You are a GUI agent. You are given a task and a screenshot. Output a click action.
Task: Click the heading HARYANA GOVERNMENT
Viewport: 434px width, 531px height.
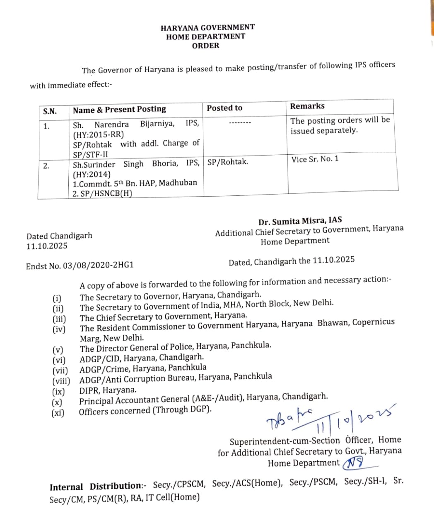coord(207,27)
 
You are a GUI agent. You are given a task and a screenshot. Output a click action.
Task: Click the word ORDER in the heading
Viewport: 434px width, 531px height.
coord(205,46)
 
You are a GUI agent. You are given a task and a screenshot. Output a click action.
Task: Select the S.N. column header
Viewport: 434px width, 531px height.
coord(50,111)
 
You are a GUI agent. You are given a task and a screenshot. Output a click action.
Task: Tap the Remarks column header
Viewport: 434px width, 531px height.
coord(307,106)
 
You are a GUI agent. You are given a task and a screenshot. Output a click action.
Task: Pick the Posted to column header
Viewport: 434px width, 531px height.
coord(224,108)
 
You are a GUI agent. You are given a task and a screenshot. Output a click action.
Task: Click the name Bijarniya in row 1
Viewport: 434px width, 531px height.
coord(157,124)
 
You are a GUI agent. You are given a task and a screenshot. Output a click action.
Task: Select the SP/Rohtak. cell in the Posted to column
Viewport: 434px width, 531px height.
coord(227,162)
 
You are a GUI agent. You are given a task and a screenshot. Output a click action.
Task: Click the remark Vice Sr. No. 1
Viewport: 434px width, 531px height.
coord(315,159)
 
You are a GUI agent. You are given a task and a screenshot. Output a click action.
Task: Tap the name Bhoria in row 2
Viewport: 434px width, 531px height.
coord(165,163)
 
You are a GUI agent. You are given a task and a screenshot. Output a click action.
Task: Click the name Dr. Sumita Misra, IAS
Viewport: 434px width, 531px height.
coord(300,221)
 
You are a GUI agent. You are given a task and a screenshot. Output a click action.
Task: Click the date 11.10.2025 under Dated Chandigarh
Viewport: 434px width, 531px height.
coord(47,246)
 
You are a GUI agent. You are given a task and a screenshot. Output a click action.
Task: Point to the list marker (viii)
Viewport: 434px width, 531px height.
coord(61,380)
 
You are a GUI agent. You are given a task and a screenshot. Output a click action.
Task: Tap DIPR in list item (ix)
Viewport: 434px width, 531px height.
coord(90,390)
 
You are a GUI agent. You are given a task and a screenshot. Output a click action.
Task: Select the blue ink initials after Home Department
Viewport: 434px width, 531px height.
coord(354,462)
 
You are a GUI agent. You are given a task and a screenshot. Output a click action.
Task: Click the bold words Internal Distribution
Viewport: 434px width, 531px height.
coord(96,487)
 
